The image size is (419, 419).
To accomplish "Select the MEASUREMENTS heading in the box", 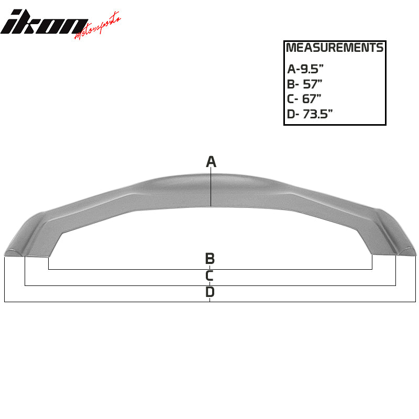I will click(335, 48).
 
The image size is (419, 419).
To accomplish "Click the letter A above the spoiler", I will click(211, 162).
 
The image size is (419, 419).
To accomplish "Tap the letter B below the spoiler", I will click(210, 258).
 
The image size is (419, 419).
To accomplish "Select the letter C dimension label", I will click(210, 275).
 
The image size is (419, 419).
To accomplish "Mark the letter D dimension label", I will click(210, 292).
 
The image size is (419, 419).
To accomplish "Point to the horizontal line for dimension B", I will click(131, 269).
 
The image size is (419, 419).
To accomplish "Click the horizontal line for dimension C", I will click(131, 285).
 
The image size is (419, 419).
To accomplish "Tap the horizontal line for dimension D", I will click(131, 302).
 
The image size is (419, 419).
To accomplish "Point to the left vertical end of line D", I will click(4, 280).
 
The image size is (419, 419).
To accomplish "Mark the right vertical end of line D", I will click(415, 280).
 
